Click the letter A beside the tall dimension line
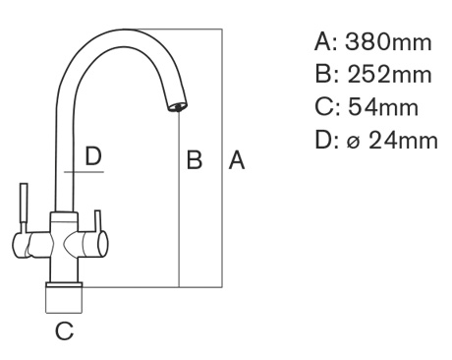(237, 160)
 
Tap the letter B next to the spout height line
(195, 160)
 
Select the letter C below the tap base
(64, 330)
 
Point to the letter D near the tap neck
(93, 156)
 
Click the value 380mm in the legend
(388, 42)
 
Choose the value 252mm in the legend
(389, 75)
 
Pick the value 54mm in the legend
(383, 107)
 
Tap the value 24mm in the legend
(403, 140)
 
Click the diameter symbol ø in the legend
(353, 142)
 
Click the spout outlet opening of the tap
(177, 107)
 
